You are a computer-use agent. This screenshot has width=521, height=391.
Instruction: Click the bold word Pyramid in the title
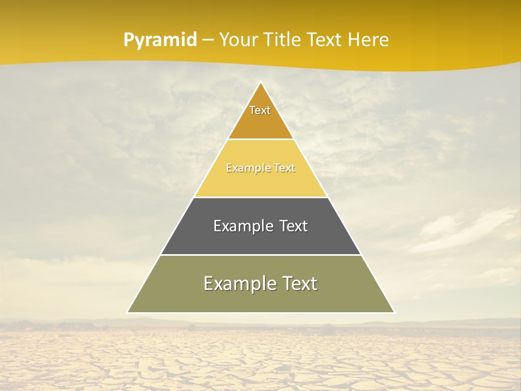(160, 40)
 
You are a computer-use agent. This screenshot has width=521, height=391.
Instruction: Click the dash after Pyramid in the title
(208, 40)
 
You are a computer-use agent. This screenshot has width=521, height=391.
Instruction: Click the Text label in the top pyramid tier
(260, 110)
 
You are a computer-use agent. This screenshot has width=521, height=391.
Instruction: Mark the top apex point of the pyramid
(260, 82)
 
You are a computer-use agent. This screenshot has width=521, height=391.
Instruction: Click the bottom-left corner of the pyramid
(128, 312)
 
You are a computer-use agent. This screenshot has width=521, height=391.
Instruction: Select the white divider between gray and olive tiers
(260, 255)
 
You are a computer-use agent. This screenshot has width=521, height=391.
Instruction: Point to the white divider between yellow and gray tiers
(260, 197)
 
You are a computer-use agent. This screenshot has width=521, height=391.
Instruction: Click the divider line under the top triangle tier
(260, 139)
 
